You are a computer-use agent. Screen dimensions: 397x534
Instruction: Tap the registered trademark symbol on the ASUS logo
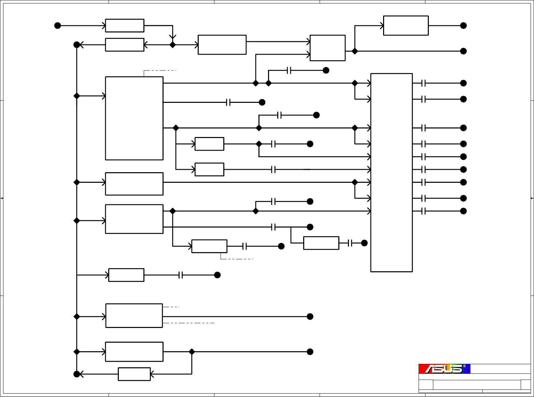464,366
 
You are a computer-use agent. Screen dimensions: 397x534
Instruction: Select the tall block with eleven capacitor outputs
391,173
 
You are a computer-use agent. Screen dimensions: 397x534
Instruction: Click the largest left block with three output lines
134,118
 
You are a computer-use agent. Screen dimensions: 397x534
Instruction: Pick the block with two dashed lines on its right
134,316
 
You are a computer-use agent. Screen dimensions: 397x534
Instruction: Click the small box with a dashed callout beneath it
209,246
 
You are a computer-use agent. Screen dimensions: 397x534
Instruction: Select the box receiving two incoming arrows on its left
327,48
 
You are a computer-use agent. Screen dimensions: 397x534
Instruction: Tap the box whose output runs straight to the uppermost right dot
406,26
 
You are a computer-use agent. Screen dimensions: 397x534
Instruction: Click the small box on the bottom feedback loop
134,374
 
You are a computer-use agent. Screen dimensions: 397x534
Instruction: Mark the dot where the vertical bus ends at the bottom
77,374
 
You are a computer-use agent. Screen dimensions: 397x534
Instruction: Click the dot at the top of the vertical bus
77,45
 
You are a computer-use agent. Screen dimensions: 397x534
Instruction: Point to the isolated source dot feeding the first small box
58,26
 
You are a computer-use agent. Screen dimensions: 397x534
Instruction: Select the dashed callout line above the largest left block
160,70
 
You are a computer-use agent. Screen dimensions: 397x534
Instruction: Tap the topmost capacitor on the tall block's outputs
424,83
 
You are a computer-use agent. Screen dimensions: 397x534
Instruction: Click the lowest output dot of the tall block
463,211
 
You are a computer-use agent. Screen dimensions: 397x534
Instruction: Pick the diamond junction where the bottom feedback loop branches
192,352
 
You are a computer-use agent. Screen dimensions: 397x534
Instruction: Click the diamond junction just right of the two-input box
355,51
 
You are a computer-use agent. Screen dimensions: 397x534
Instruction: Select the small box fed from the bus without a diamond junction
126,275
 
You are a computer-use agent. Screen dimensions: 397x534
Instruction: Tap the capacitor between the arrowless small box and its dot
350,243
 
